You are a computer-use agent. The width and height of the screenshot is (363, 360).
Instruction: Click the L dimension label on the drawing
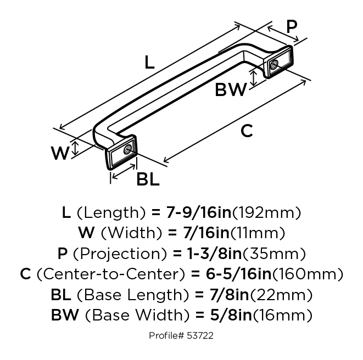[x=149, y=62]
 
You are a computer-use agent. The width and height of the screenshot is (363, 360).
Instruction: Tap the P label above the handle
[x=292, y=26]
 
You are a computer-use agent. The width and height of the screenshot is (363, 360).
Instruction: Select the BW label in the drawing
[x=231, y=90]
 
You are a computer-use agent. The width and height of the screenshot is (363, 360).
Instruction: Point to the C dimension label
[x=247, y=131]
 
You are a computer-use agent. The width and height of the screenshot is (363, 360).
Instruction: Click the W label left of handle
[x=60, y=153]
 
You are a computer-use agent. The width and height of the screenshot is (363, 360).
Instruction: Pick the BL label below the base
[x=148, y=179]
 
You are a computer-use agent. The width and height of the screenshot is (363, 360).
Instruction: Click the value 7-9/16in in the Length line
[x=199, y=212]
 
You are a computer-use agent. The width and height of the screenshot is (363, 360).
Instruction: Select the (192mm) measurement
[x=266, y=212]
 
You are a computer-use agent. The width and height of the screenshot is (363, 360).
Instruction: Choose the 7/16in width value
[x=206, y=233]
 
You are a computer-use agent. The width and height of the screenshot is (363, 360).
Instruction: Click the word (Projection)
[x=120, y=254]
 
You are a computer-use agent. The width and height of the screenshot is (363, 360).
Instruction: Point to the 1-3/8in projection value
[x=214, y=253]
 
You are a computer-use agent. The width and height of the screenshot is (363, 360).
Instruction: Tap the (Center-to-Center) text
[x=111, y=274]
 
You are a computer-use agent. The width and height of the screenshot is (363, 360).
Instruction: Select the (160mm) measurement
[x=308, y=274]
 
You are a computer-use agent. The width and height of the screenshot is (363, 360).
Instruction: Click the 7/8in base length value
[x=229, y=295]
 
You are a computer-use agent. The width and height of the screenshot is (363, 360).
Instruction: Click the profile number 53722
[x=200, y=335]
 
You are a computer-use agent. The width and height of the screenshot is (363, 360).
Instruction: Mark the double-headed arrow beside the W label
[x=75, y=149]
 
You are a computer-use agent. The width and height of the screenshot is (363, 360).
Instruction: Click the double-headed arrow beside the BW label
[x=254, y=78]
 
